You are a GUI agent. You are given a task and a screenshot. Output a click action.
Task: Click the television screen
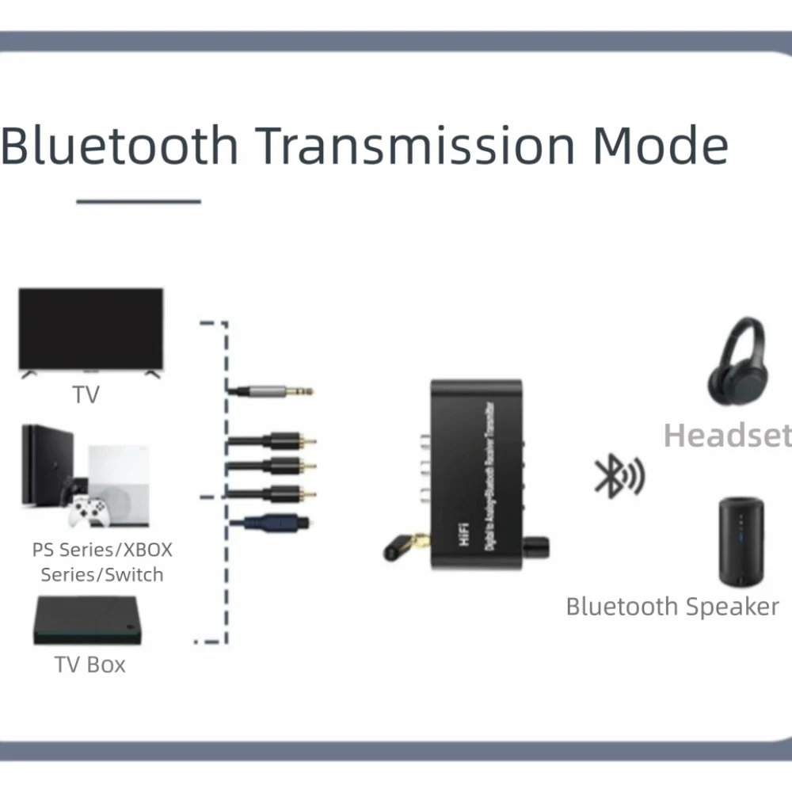[x=91, y=329]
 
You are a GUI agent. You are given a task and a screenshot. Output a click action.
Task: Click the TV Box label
[x=89, y=664]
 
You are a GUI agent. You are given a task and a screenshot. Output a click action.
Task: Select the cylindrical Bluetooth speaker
[x=741, y=542]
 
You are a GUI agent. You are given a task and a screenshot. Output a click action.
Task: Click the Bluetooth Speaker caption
[x=672, y=607]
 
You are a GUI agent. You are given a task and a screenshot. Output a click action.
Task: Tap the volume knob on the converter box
[x=536, y=546]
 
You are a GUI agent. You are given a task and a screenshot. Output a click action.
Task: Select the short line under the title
[x=139, y=202]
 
